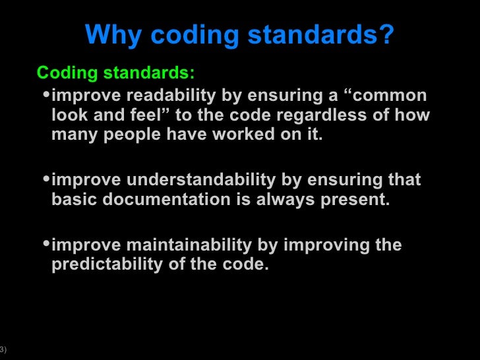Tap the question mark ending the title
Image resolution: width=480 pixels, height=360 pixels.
point(386,36)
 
